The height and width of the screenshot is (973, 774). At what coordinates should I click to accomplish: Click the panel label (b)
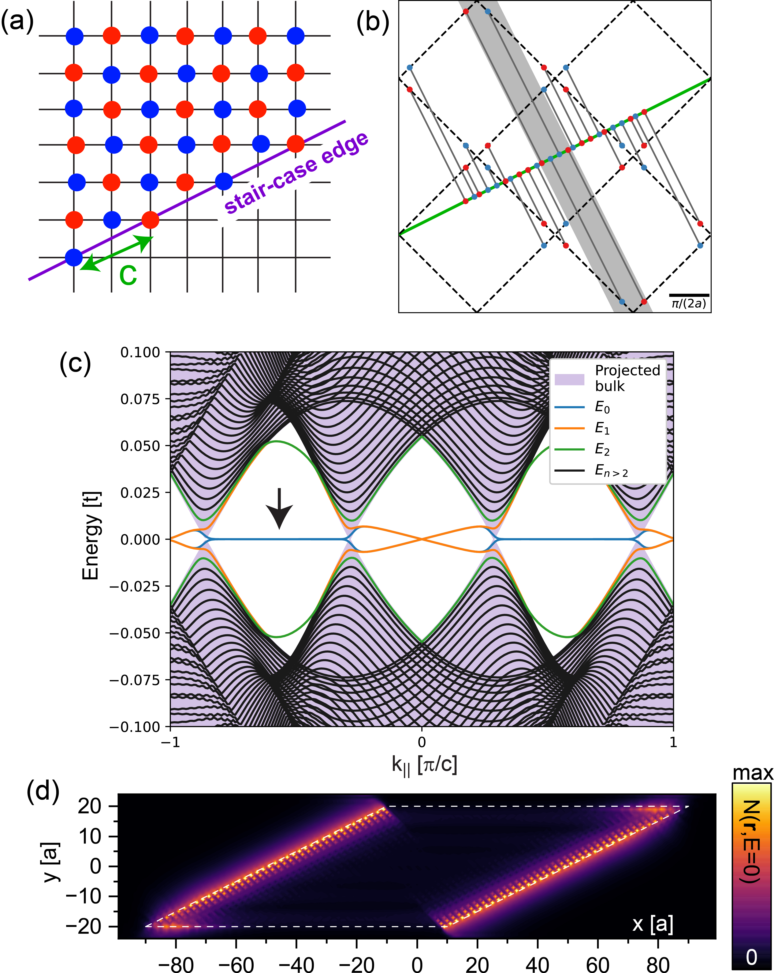point(373,23)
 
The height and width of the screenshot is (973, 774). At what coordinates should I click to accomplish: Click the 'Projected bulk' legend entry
point(627,378)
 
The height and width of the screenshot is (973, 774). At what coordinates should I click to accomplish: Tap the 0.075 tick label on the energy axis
point(140,399)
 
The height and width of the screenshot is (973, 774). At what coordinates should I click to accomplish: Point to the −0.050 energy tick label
point(135,633)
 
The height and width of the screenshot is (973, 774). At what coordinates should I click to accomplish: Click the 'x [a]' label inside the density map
point(652,924)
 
